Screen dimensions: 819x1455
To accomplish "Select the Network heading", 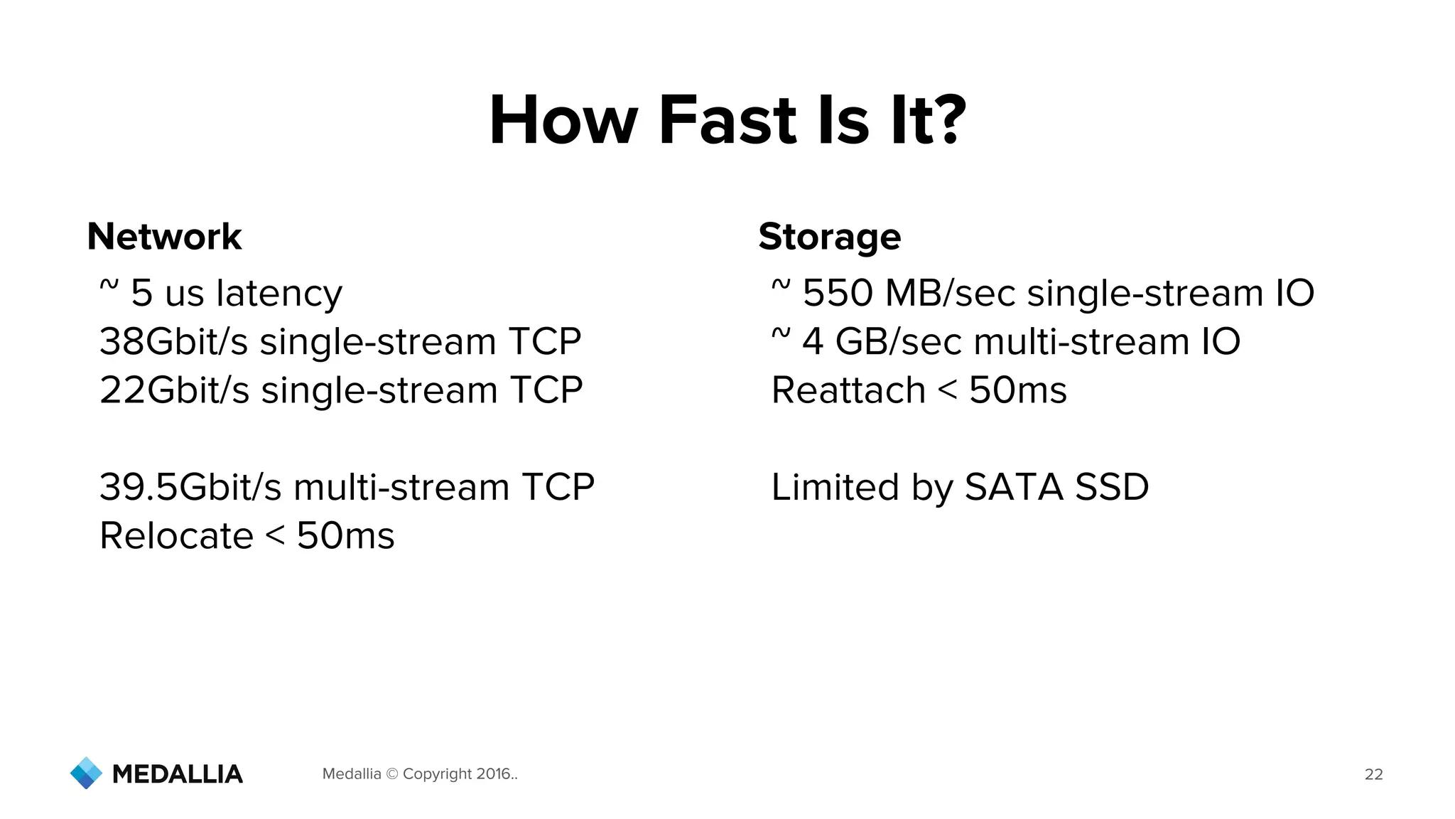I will pos(164,237).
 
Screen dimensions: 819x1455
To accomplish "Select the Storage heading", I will pos(829,237).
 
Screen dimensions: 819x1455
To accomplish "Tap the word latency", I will pos(279,293).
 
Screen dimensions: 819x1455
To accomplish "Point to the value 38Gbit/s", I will pos(173,341).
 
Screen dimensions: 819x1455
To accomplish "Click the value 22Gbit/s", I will pos(174,390).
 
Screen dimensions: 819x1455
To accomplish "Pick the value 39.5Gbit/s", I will pos(190,487).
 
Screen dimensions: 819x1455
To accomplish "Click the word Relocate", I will pos(176,535).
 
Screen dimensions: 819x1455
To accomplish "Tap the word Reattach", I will pos(848,390).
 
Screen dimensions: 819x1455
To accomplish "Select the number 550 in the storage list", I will pos(838,293).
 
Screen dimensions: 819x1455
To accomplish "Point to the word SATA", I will pos(1013,487).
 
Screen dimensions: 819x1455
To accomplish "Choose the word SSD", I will pos(1112,487).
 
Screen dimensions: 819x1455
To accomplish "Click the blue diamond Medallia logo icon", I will pos(87,773).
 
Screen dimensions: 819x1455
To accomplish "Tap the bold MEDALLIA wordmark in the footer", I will pos(178,774).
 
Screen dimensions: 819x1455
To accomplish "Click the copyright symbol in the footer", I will pos(391,774).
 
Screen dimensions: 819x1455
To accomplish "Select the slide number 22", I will pos(1373,774).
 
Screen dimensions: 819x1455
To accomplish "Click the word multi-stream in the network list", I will pos(401,487).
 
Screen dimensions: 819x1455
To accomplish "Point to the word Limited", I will pos(835,487).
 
